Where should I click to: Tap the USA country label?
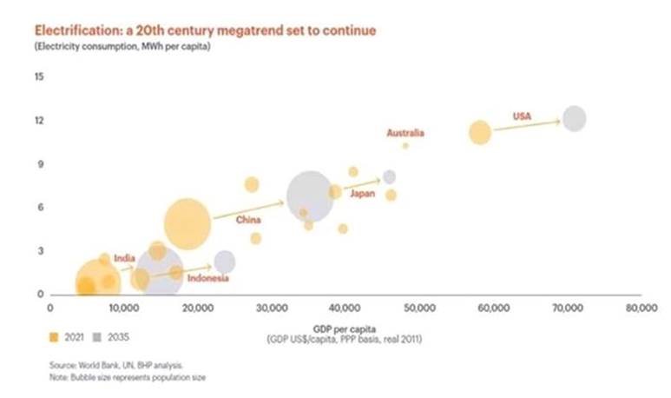522,116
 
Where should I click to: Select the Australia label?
405,133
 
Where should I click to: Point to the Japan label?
362,193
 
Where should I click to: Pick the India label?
124,257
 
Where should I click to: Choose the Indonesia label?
208,278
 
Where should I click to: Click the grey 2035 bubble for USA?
574,118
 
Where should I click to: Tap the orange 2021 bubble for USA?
480,132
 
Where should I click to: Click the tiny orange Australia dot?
405,146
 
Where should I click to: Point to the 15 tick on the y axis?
39,76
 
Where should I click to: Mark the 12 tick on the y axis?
39,120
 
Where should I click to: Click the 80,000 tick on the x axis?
641,308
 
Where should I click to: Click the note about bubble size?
128,378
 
